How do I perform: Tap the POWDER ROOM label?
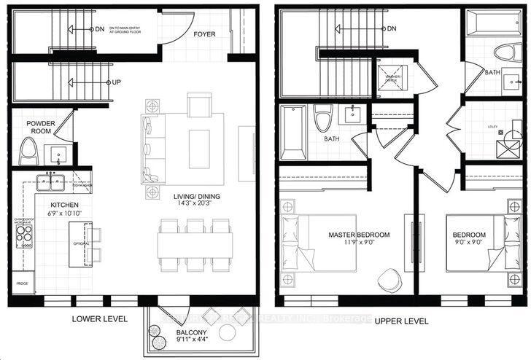pos(42,128)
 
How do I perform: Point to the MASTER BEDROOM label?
pos(359,235)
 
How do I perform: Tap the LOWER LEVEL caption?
pos(100,319)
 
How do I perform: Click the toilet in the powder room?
pos(28,152)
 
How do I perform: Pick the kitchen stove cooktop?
pos(25,235)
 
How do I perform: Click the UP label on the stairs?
pos(116,82)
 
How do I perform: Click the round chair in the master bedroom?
pos(389,278)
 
